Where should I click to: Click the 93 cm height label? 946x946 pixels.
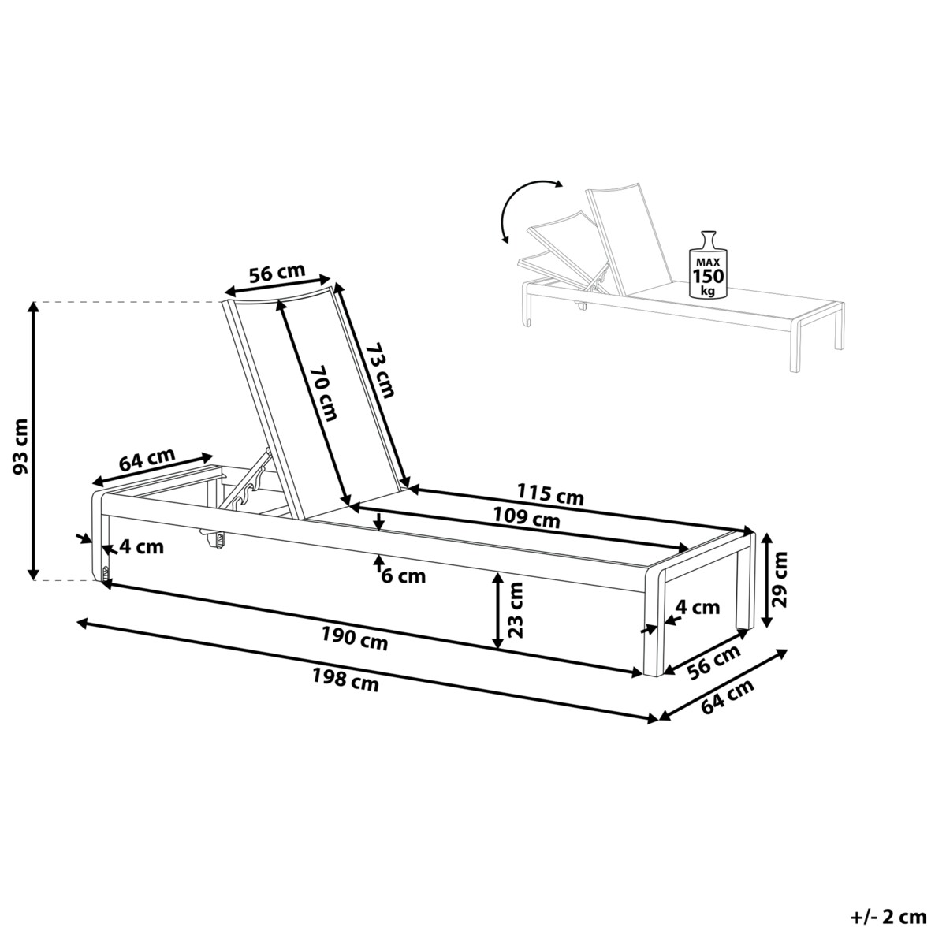(x=21, y=446)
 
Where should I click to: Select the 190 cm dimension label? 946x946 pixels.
(x=355, y=639)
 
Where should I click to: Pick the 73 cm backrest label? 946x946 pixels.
(x=380, y=371)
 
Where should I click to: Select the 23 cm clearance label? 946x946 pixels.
(x=515, y=609)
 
